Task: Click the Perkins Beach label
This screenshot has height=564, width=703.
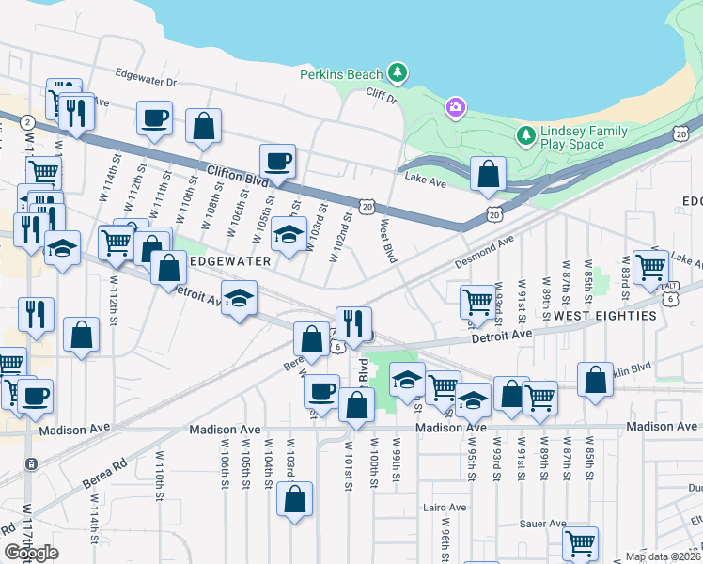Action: pos(341,74)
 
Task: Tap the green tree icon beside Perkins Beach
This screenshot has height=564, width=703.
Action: pos(398,72)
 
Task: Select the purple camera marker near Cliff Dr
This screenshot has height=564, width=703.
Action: pos(456,107)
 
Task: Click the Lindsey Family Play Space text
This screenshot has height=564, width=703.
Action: pos(572,137)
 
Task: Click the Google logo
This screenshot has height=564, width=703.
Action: pos(31,552)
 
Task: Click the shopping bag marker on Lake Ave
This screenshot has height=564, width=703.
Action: pos(489,174)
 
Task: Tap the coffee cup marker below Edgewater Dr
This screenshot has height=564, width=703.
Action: pos(154,118)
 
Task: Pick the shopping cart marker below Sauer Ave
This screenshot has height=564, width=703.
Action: pos(580,542)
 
